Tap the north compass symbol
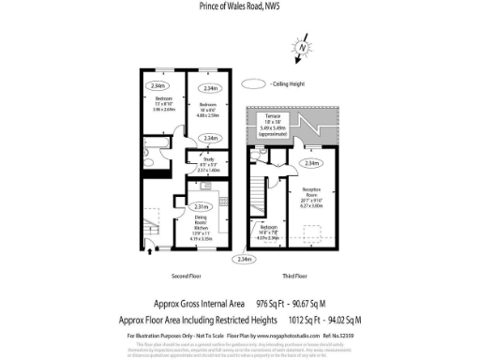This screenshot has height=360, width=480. pyautogui.click(x=302, y=48)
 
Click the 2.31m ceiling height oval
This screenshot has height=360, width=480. pyautogui.click(x=201, y=206)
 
